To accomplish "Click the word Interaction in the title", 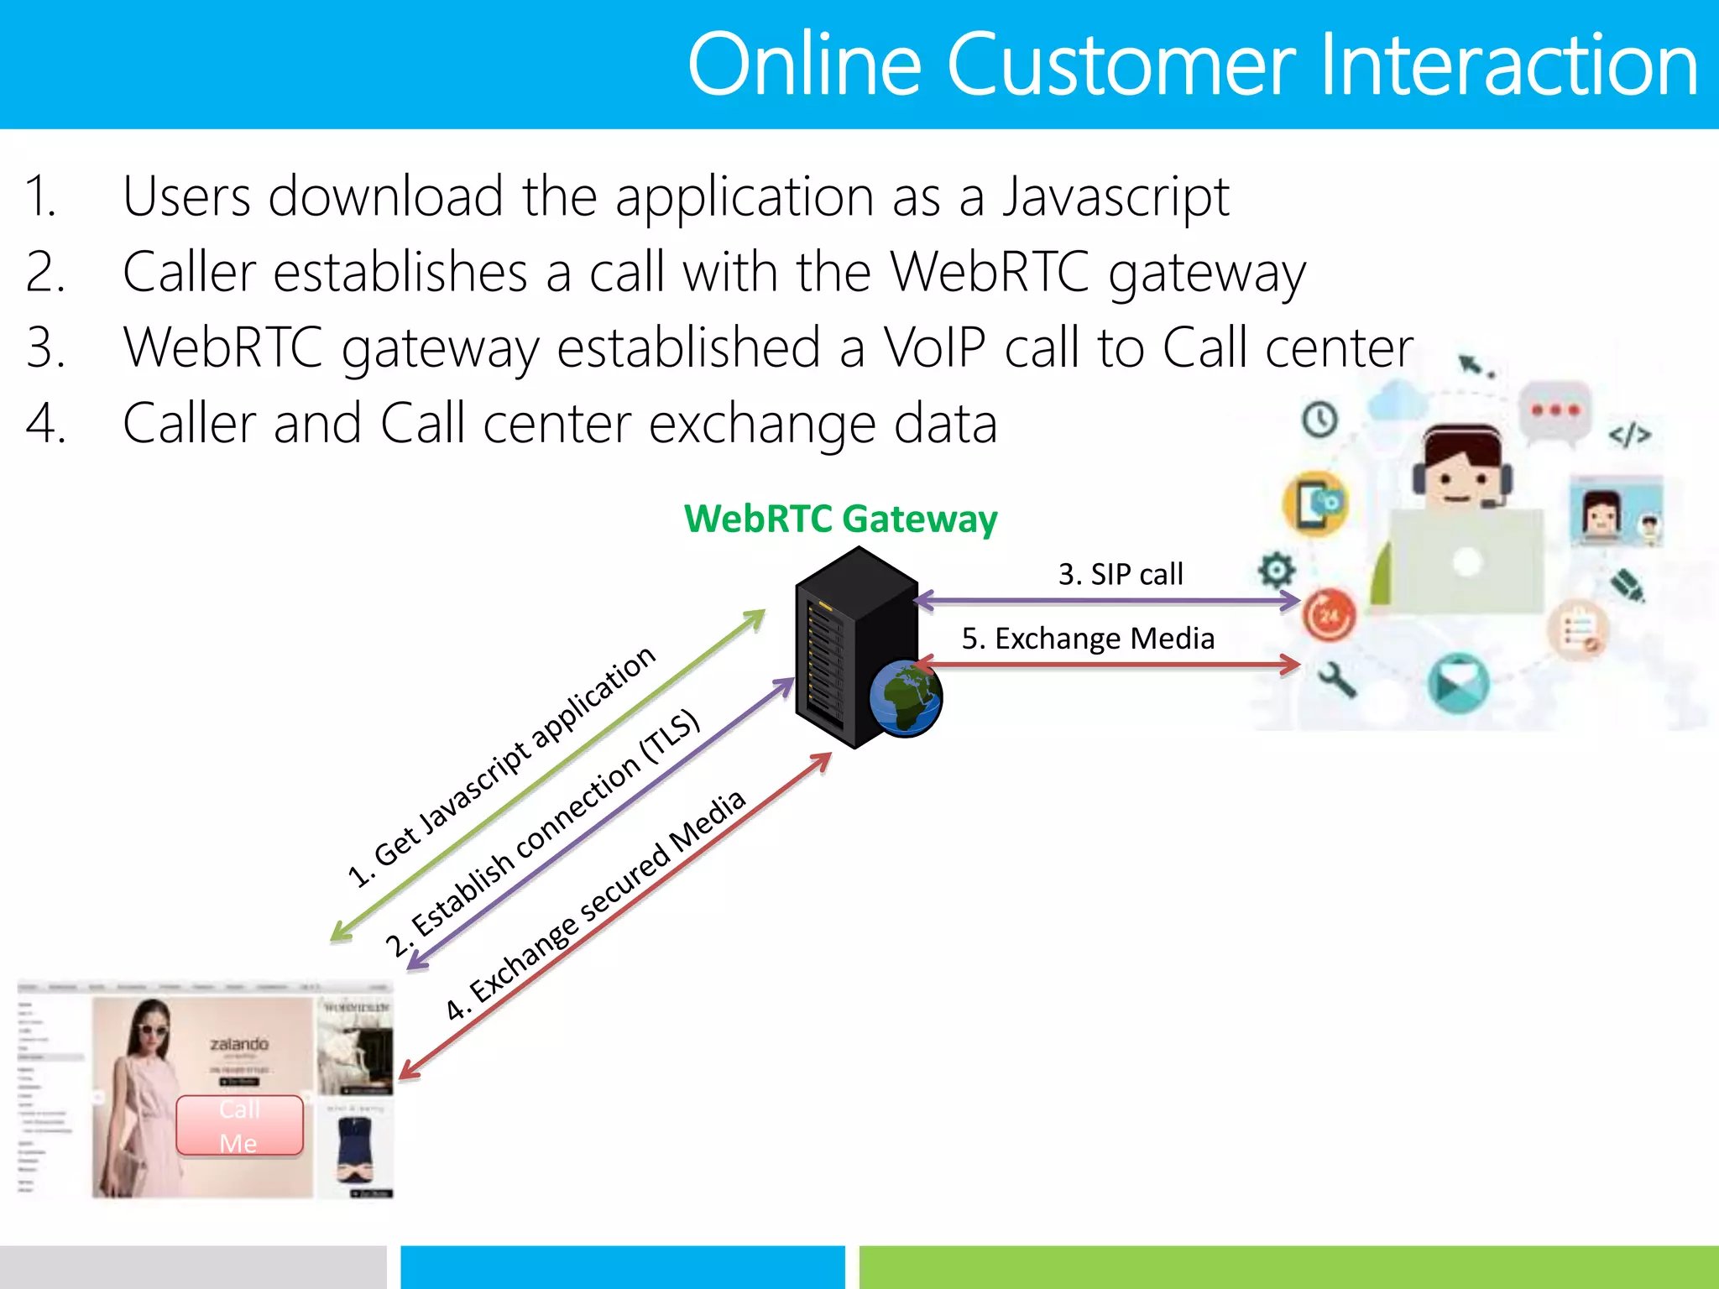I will [x=1508, y=65].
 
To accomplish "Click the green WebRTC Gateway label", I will [x=840, y=519].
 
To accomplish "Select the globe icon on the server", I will [x=906, y=697].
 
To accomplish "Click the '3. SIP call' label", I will [x=1120, y=574].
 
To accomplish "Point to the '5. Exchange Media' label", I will [x=1088, y=639].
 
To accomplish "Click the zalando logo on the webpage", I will [x=239, y=1044].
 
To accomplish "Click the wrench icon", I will [x=1337, y=679].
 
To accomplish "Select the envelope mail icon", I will [x=1458, y=682].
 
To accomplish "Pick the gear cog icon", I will [x=1276, y=571].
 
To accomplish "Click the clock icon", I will [x=1319, y=419].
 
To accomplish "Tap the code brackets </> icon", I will [x=1629, y=435].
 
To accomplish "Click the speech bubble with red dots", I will [x=1555, y=411].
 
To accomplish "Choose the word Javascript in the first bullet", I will [x=1116, y=196].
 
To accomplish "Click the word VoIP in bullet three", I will [x=934, y=347].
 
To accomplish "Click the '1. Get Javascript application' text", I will [x=501, y=766].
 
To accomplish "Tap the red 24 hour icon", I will [x=1329, y=615].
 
